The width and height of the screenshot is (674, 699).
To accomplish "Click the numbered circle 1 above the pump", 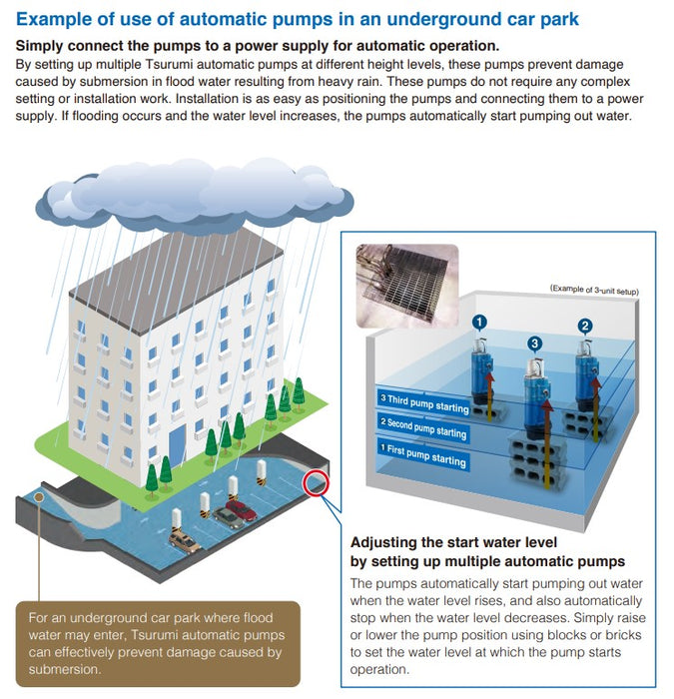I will point(479,322).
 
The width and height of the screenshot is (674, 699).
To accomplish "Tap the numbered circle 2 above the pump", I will point(585,326).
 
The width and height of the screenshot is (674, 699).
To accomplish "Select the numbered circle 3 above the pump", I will point(535,344).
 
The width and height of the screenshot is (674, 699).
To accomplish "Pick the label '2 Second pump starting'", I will point(422,429).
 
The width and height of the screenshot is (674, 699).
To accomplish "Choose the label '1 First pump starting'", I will point(422,456).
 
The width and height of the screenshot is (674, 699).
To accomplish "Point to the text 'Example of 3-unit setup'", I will point(593,290).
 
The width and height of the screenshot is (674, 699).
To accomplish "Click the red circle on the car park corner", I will point(318,484).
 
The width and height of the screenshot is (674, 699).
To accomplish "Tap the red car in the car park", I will point(240,511).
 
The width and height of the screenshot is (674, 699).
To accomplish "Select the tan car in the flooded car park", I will point(185,540).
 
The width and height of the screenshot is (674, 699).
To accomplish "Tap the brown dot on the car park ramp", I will point(39,499).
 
